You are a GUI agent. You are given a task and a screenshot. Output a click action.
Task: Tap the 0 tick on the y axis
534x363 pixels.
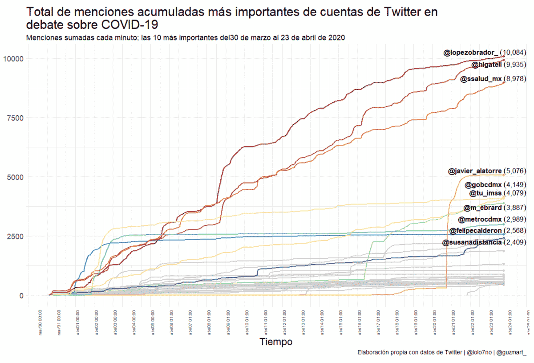pos(21,295)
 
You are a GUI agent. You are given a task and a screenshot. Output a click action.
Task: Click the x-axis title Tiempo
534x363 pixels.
pos(276,342)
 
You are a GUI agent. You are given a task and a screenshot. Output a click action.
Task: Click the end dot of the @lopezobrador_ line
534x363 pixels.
pos(503,57)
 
